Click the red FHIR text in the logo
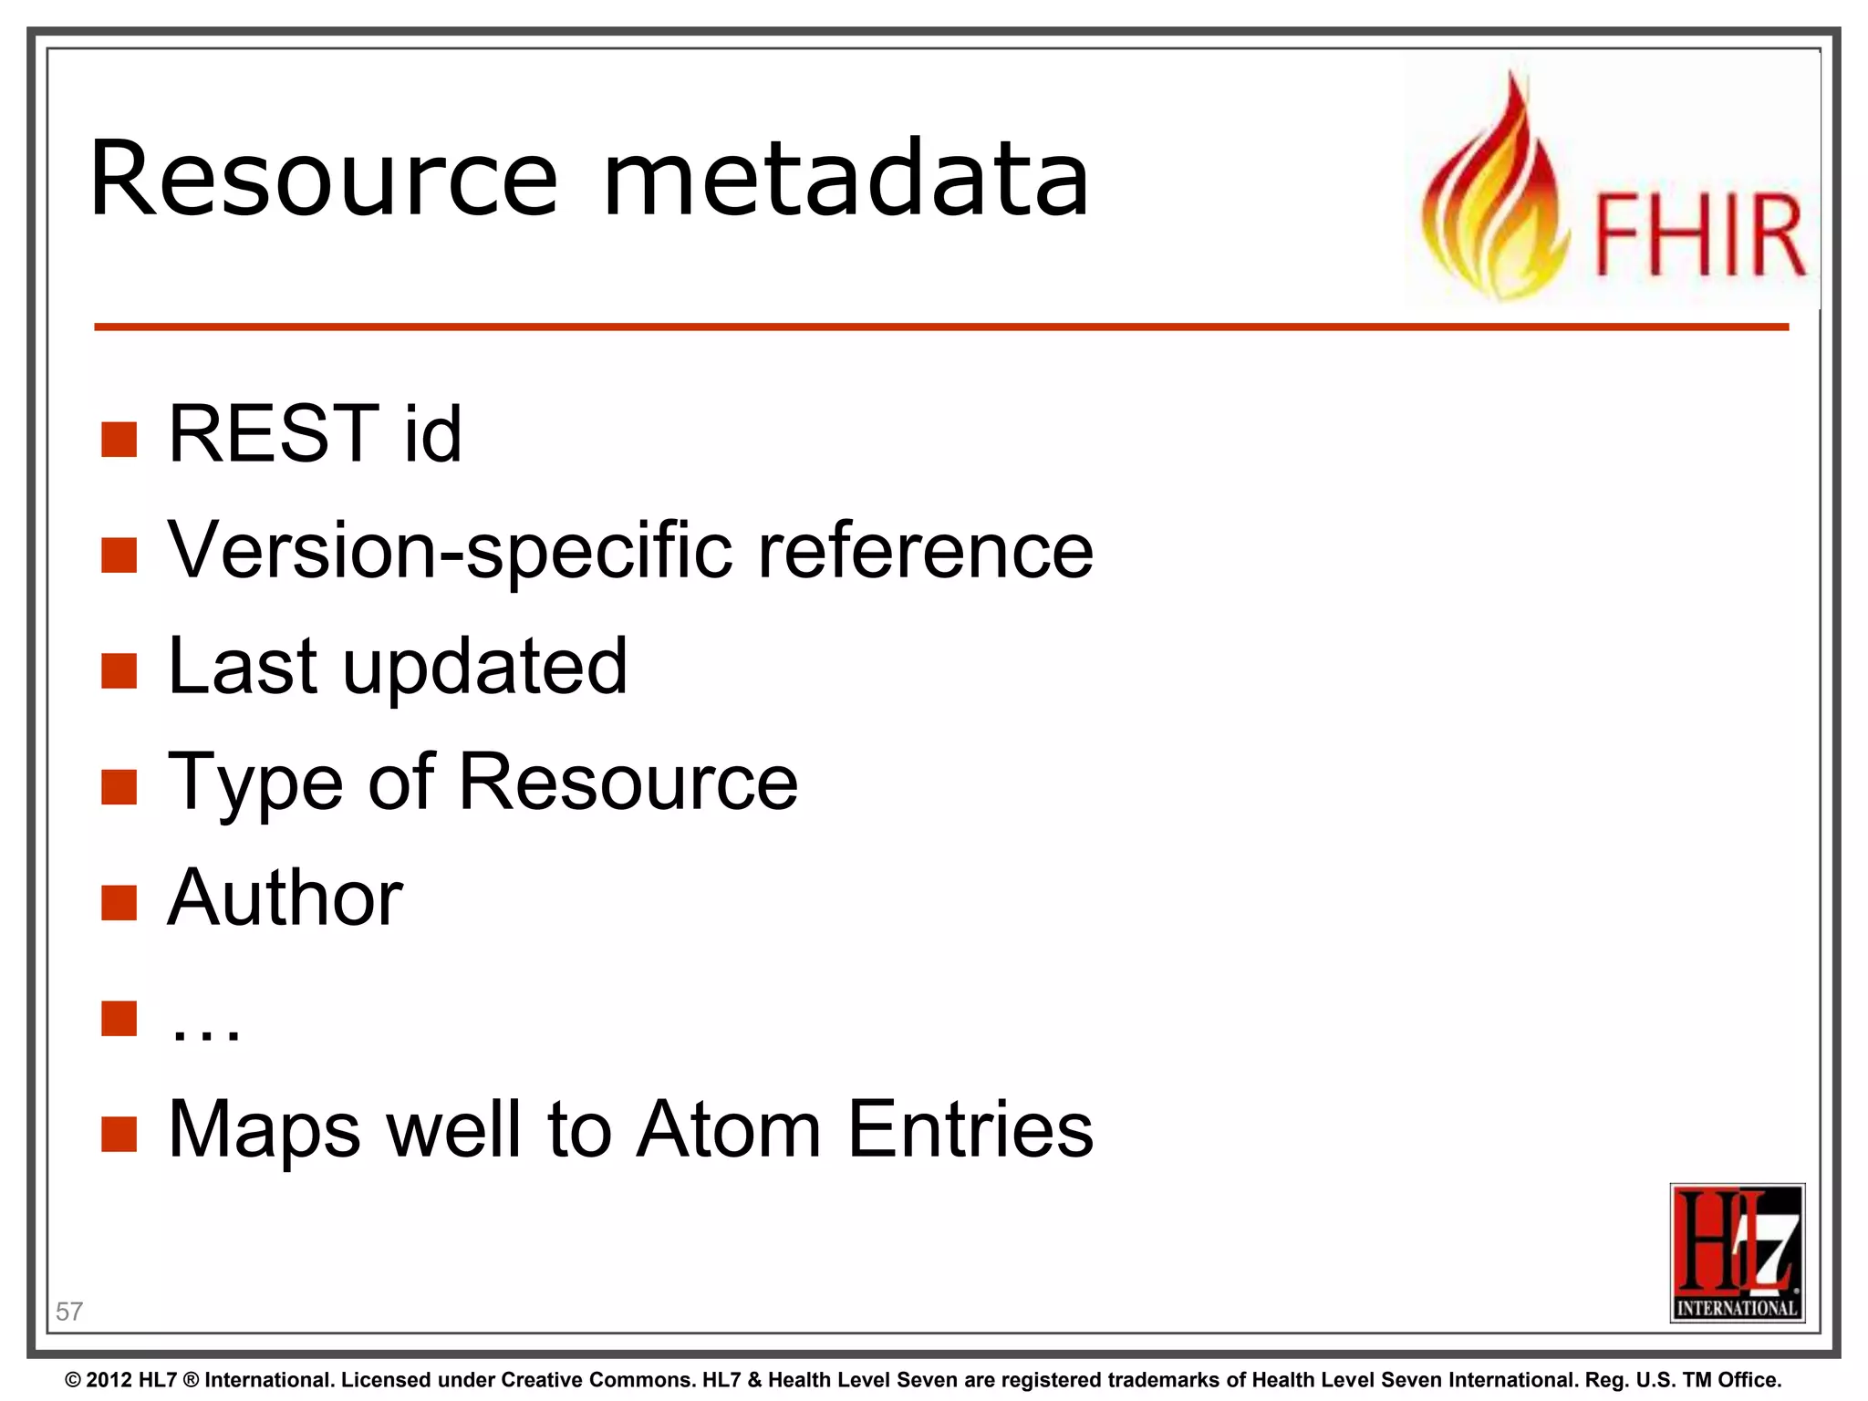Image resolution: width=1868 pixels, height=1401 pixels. point(1699,234)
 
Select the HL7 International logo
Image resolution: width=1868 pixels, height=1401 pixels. point(1737,1252)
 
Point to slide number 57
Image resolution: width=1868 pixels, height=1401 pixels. point(69,1312)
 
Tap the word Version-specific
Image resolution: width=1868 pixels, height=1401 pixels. point(451,551)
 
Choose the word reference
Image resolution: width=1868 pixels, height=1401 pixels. point(926,551)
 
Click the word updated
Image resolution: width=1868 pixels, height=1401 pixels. point(484,667)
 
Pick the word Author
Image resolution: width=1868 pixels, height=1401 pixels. point(285,898)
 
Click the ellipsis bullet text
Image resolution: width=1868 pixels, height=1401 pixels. point(206,1029)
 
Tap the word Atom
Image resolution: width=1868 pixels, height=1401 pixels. point(729,1130)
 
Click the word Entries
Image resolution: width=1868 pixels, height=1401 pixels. point(970,1130)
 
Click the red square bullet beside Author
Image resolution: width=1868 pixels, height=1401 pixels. point(119,903)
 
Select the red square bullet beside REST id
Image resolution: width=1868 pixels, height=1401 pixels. point(119,439)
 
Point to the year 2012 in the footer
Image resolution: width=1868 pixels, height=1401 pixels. point(110,1380)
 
